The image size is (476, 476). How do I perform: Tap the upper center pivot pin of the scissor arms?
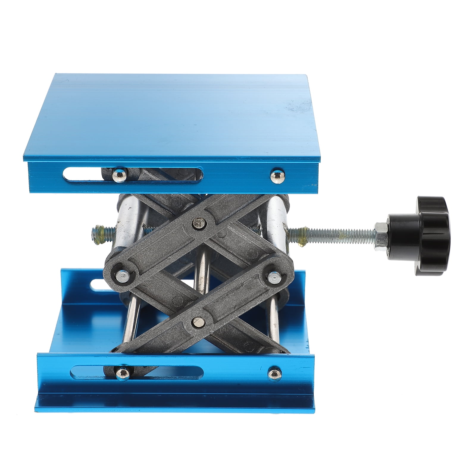click(197, 221)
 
